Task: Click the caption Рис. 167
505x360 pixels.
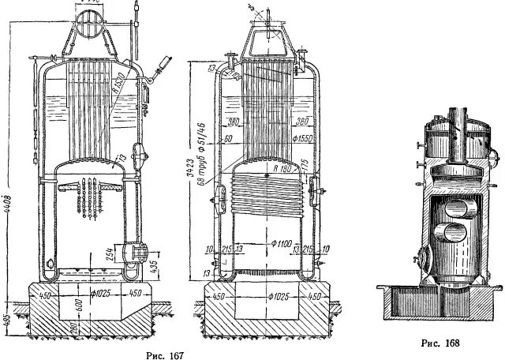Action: pos(165,354)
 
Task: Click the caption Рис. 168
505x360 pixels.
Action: pos(439,343)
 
